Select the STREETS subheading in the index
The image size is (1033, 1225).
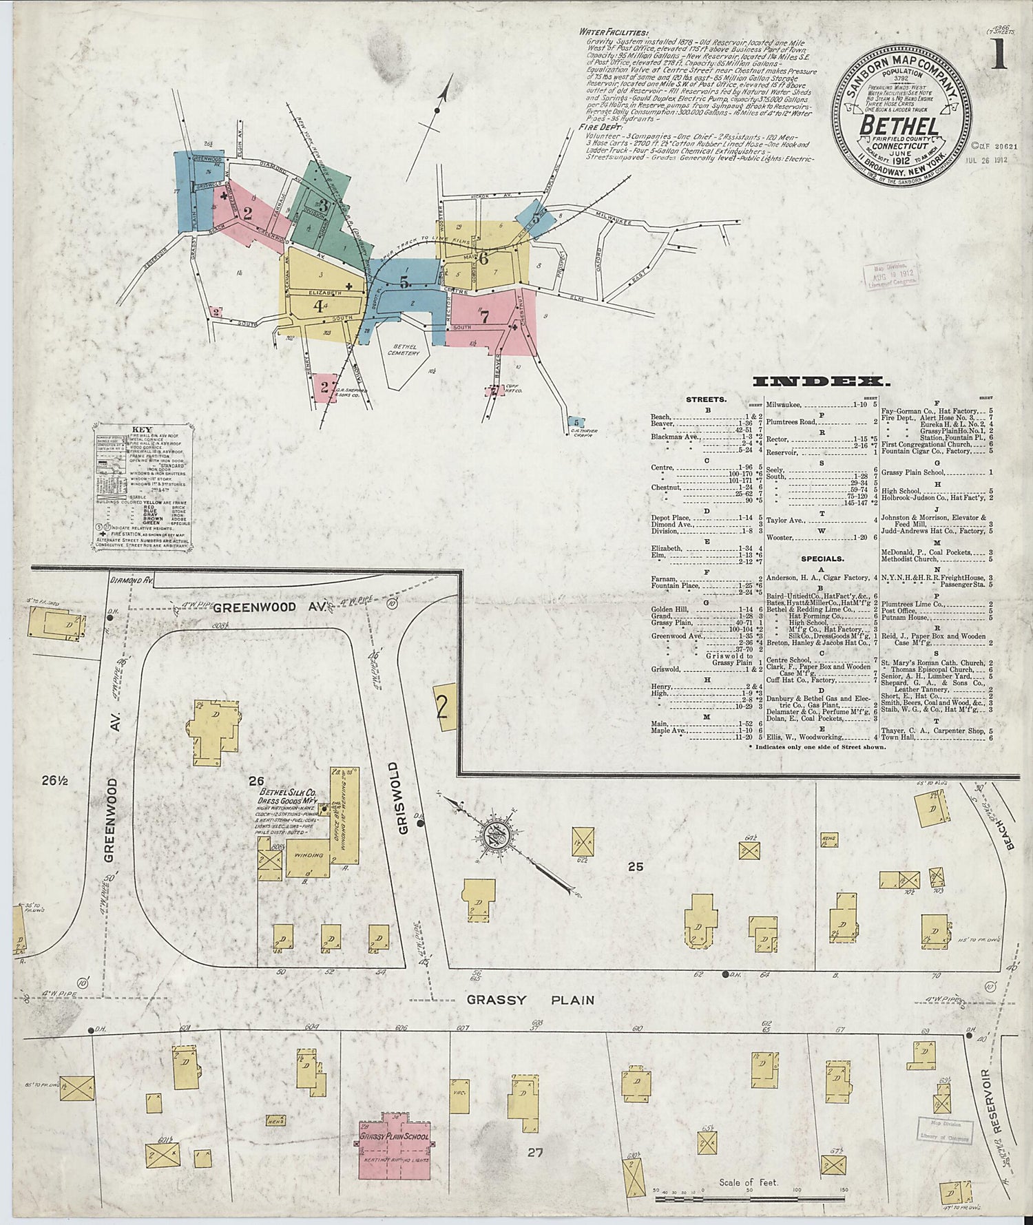click(706, 399)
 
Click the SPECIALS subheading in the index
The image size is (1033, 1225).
click(822, 558)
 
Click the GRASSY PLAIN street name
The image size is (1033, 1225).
click(529, 1000)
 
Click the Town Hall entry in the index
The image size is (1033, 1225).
click(899, 737)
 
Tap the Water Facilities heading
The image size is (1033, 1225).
click(613, 32)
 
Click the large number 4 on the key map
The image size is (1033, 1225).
click(318, 307)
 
